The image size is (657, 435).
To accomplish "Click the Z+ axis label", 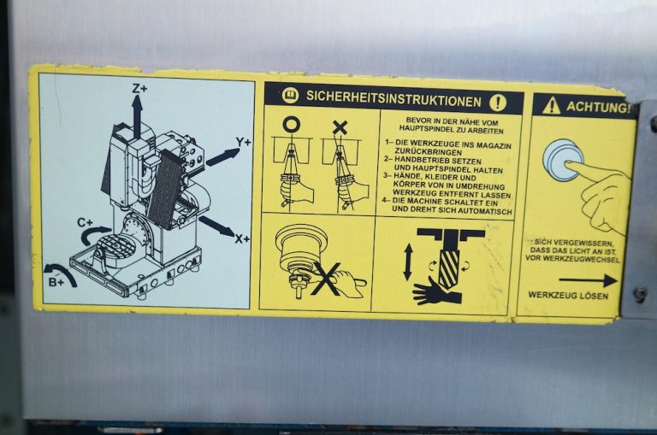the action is [x=140, y=88].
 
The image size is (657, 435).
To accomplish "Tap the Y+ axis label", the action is [x=243, y=143].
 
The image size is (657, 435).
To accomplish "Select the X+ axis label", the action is [x=242, y=239].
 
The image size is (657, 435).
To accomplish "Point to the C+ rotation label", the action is [x=85, y=222].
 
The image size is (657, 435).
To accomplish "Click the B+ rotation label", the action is [x=56, y=282].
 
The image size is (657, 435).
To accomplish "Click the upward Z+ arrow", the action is [x=137, y=116].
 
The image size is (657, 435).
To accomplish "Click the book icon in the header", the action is [x=290, y=95].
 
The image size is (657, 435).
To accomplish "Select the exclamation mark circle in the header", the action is [x=498, y=103].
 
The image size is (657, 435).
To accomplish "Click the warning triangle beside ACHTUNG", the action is [x=551, y=106].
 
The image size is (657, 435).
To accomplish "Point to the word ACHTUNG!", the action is [x=598, y=108].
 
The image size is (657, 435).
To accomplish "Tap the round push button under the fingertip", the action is [x=563, y=160].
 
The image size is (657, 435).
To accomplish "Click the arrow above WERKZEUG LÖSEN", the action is [x=588, y=280].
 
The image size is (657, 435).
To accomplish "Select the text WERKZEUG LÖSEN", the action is [x=568, y=295].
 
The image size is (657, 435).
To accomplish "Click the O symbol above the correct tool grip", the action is [x=292, y=125].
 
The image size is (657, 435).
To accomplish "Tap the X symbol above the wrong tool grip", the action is [x=340, y=127].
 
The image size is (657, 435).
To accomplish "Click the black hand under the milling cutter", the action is [x=435, y=291].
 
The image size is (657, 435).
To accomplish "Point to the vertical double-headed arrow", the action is [x=408, y=262].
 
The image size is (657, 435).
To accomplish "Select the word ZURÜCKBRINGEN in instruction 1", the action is [x=428, y=153].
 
